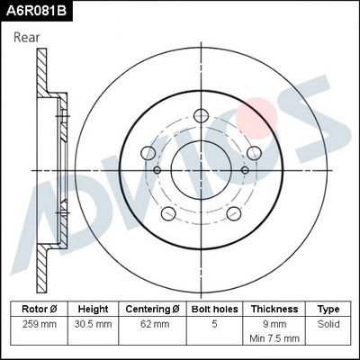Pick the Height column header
pyautogui.click(x=93, y=309)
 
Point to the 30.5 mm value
pyautogui.click(x=93, y=322)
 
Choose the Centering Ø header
pyautogui.click(x=154, y=309)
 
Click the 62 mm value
pyautogui.click(x=154, y=322)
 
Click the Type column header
pyautogui.click(x=329, y=309)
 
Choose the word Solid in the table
pyautogui.click(x=329, y=322)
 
